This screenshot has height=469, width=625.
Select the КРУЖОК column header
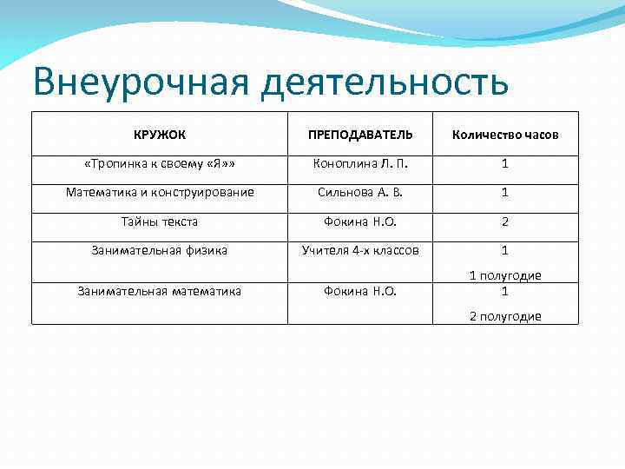click(x=160, y=135)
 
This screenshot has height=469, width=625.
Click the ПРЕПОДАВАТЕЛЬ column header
click(x=360, y=135)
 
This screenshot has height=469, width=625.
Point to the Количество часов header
click(x=504, y=135)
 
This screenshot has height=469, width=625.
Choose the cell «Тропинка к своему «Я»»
click(x=160, y=163)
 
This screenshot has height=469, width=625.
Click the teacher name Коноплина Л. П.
click(x=360, y=163)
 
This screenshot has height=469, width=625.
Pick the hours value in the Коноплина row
click(x=504, y=163)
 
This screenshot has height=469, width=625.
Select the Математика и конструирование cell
click(x=160, y=192)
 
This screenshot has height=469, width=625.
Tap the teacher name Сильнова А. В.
click(x=360, y=192)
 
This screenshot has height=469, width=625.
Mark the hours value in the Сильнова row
click(x=504, y=192)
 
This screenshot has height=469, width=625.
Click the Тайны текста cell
click(x=160, y=221)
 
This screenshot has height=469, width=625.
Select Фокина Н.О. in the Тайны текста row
click(x=360, y=221)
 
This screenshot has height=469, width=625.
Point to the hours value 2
click(x=504, y=221)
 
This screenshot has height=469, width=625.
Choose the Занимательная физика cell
click(x=160, y=250)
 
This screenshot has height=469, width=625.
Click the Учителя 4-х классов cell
click(x=360, y=250)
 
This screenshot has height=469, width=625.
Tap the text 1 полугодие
click(x=504, y=275)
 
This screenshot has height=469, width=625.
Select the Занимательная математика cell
click(x=160, y=291)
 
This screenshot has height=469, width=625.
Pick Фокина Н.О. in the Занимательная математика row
click(x=360, y=291)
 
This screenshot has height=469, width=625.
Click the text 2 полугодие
click(x=504, y=316)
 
